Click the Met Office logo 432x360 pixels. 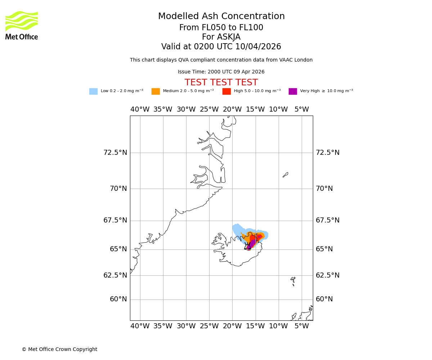(x=22, y=25)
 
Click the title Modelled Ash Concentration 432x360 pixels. (x=221, y=17)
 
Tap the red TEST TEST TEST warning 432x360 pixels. (x=221, y=83)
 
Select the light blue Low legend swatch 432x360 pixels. (x=93, y=91)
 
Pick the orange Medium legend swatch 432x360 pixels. (x=156, y=91)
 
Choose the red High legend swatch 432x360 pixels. (x=226, y=91)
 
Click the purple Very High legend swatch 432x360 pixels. (x=293, y=91)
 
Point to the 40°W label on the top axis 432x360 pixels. (x=140, y=109)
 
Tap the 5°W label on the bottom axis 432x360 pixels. (x=301, y=326)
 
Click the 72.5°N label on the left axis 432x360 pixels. (x=115, y=153)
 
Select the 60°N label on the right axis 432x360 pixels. (x=324, y=299)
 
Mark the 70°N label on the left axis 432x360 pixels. (x=118, y=189)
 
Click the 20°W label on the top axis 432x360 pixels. (x=232, y=109)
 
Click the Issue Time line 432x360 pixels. (x=221, y=72)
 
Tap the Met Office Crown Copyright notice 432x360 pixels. (x=59, y=349)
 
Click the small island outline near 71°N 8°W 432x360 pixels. (x=285, y=175)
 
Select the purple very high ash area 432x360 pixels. (x=252, y=242)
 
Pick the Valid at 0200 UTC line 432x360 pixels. (x=221, y=47)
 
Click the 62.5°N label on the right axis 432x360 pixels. (x=327, y=275)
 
